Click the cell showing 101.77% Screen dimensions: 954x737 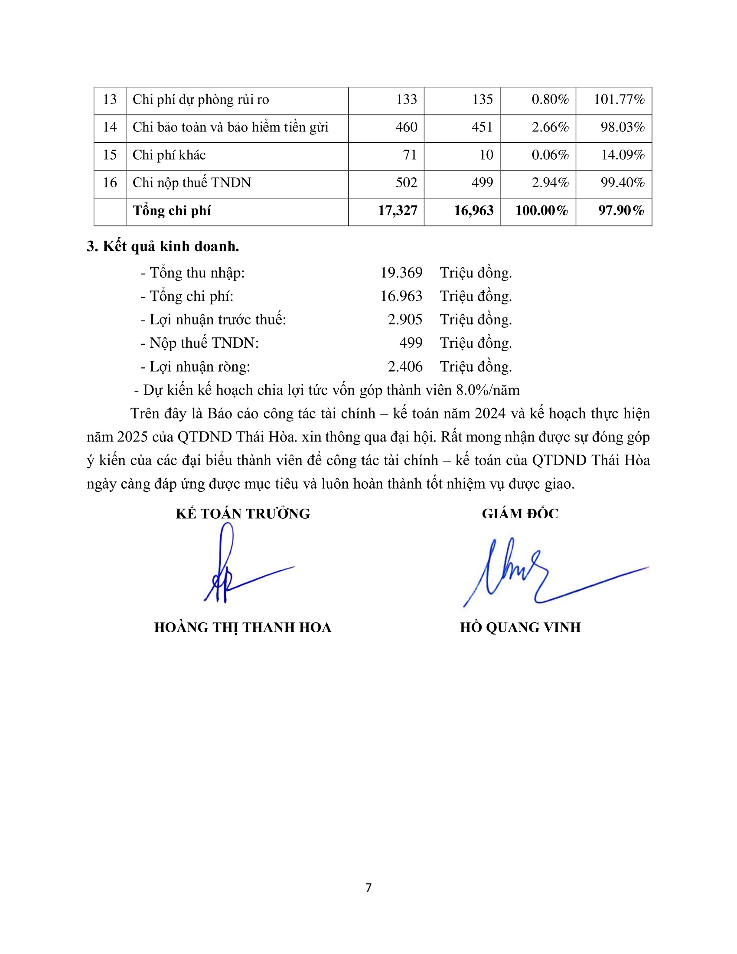619,100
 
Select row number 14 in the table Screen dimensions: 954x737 110,127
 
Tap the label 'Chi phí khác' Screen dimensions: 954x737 169,155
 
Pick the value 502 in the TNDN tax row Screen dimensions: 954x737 406,183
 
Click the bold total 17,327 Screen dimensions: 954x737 397,211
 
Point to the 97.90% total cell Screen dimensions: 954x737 621,211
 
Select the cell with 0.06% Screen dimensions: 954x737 550,155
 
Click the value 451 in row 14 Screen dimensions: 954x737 482,127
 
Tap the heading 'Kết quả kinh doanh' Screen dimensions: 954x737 170,246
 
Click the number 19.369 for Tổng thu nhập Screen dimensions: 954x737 401,273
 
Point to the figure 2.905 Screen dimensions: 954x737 405,320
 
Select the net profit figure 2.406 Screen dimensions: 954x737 405,366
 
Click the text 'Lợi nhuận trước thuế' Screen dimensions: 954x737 218,320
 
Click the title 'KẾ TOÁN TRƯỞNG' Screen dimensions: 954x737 243,514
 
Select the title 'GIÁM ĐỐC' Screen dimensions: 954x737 520,514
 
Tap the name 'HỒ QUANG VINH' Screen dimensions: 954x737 520,628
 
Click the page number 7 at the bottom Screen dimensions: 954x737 368,888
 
